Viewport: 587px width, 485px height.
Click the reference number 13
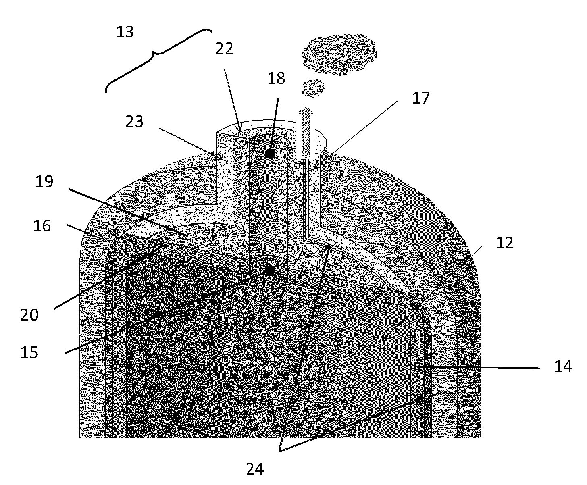pyautogui.click(x=125, y=32)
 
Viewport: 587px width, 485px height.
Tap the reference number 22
pyautogui.click(x=224, y=49)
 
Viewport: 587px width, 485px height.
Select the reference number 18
pyautogui.click(x=276, y=78)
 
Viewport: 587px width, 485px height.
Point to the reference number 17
pyautogui.click(x=421, y=98)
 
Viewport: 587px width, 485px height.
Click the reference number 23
pyautogui.click(x=134, y=121)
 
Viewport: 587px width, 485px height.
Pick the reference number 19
pyautogui.click(x=44, y=181)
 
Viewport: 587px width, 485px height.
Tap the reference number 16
pyautogui.click(x=42, y=226)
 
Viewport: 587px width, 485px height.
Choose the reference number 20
pyautogui.click(x=29, y=315)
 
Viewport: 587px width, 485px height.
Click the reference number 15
pyautogui.click(x=29, y=352)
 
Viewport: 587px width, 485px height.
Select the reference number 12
pyautogui.click(x=505, y=243)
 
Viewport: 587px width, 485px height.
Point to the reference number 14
pyautogui.click(x=563, y=366)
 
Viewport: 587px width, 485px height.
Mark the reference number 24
pyautogui.click(x=255, y=469)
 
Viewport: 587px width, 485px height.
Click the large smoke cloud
pyautogui.click(x=339, y=54)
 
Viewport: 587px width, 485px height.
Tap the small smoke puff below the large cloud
pyautogui.click(x=312, y=88)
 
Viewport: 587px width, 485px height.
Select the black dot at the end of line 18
pyautogui.click(x=270, y=154)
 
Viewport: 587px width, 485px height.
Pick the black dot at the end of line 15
pyautogui.click(x=270, y=271)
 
